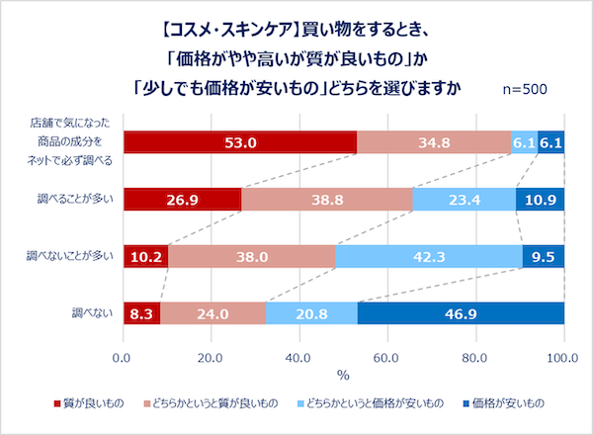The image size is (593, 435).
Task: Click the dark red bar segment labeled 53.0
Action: click(240, 143)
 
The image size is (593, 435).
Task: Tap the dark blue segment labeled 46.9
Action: click(461, 314)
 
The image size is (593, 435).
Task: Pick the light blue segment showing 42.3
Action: click(429, 257)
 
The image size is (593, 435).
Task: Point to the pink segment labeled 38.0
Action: click(252, 257)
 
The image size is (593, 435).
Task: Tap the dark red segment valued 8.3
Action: click(141, 314)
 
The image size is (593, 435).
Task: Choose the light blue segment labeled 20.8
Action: click(311, 314)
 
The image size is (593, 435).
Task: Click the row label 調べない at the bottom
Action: click(92, 314)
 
